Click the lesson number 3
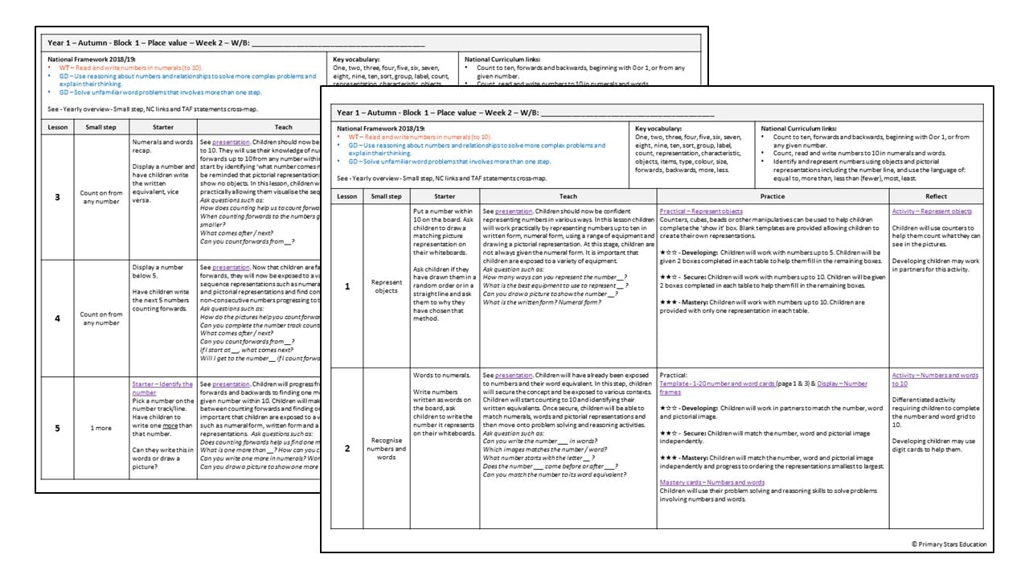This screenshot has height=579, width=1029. point(56,197)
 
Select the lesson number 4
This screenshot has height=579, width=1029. point(56,318)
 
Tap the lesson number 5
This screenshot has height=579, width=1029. point(56,428)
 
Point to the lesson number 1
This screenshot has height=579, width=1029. point(347,286)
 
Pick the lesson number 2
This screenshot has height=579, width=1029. point(347,448)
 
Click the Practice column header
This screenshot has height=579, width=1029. point(773,196)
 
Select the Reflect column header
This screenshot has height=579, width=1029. point(936,196)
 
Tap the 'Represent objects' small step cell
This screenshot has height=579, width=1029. point(387,286)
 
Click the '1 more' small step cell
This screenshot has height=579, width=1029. point(100,428)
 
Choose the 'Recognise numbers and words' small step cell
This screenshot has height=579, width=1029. point(387,448)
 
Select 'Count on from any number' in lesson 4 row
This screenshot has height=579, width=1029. point(100,318)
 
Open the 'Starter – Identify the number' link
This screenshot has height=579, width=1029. point(162,388)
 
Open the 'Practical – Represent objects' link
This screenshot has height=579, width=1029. point(701,211)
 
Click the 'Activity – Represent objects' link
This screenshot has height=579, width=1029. point(932,211)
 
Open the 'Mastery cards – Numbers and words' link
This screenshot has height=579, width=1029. point(711,482)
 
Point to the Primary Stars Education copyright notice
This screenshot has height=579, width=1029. point(949,544)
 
